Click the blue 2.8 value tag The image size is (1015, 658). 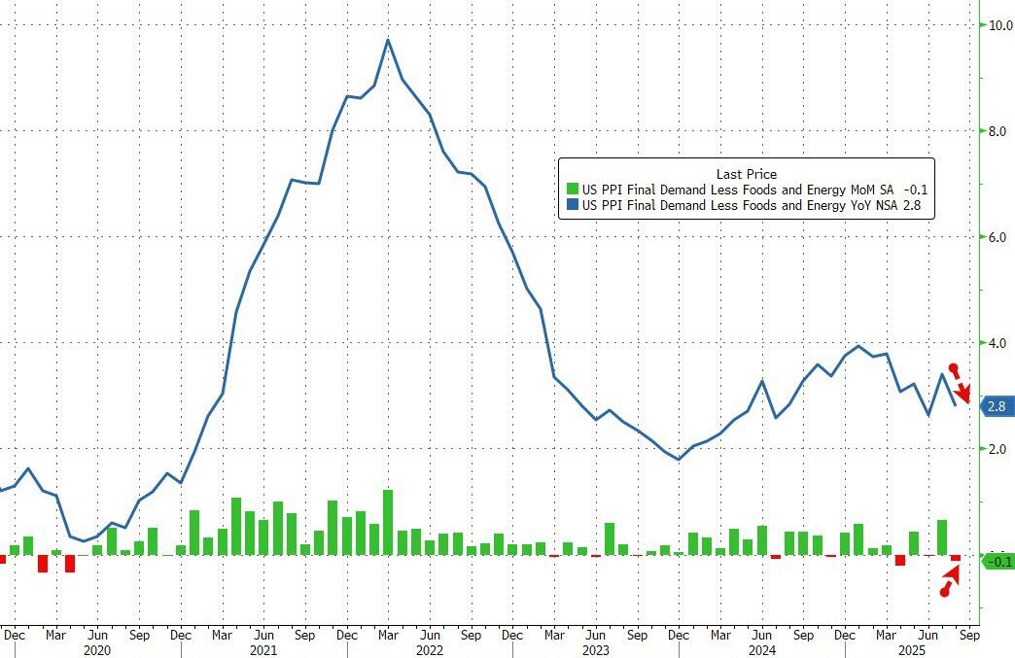(x=997, y=407)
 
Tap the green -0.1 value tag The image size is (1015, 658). (x=997, y=561)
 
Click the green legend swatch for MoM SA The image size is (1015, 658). (x=573, y=190)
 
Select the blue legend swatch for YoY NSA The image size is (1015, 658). (x=573, y=205)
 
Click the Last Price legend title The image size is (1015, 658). (x=746, y=174)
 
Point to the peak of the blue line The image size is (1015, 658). (x=388, y=40)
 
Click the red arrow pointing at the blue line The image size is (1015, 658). (x=961, y=384)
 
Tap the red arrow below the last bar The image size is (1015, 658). (x=950, y=581)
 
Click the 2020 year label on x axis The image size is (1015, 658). (x=97, y=649)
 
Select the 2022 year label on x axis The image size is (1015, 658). (x=429, y=649)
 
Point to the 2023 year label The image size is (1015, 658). (x=595, y=649)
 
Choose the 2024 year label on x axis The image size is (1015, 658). (x=761, y=649)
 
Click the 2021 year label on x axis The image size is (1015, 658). (x=263, y=649)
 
